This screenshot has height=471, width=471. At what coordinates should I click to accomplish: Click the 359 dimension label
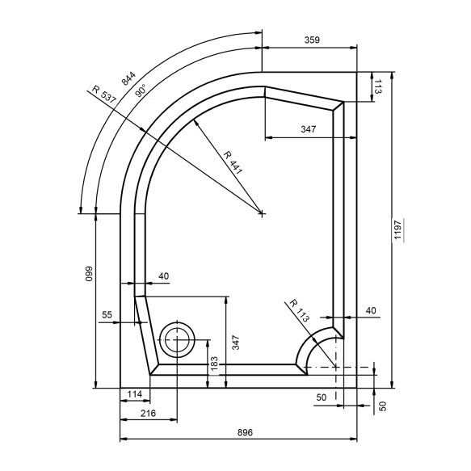(312, 40)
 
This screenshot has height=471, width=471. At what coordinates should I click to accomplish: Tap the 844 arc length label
(128, 78)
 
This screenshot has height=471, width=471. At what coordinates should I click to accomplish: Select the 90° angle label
(141, 90)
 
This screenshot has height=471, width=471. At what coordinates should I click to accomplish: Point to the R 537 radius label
(104, 95)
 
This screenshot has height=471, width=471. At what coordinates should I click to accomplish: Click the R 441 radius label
(233, 163)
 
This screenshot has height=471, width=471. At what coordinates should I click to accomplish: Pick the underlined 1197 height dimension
(398, 229)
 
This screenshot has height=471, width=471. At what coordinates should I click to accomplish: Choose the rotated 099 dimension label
(89, 274)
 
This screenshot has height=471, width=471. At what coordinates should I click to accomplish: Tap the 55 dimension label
(107, 315)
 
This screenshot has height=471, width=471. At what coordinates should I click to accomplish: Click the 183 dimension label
(214, 364)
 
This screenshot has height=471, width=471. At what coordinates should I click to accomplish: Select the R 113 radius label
(299, 310)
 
